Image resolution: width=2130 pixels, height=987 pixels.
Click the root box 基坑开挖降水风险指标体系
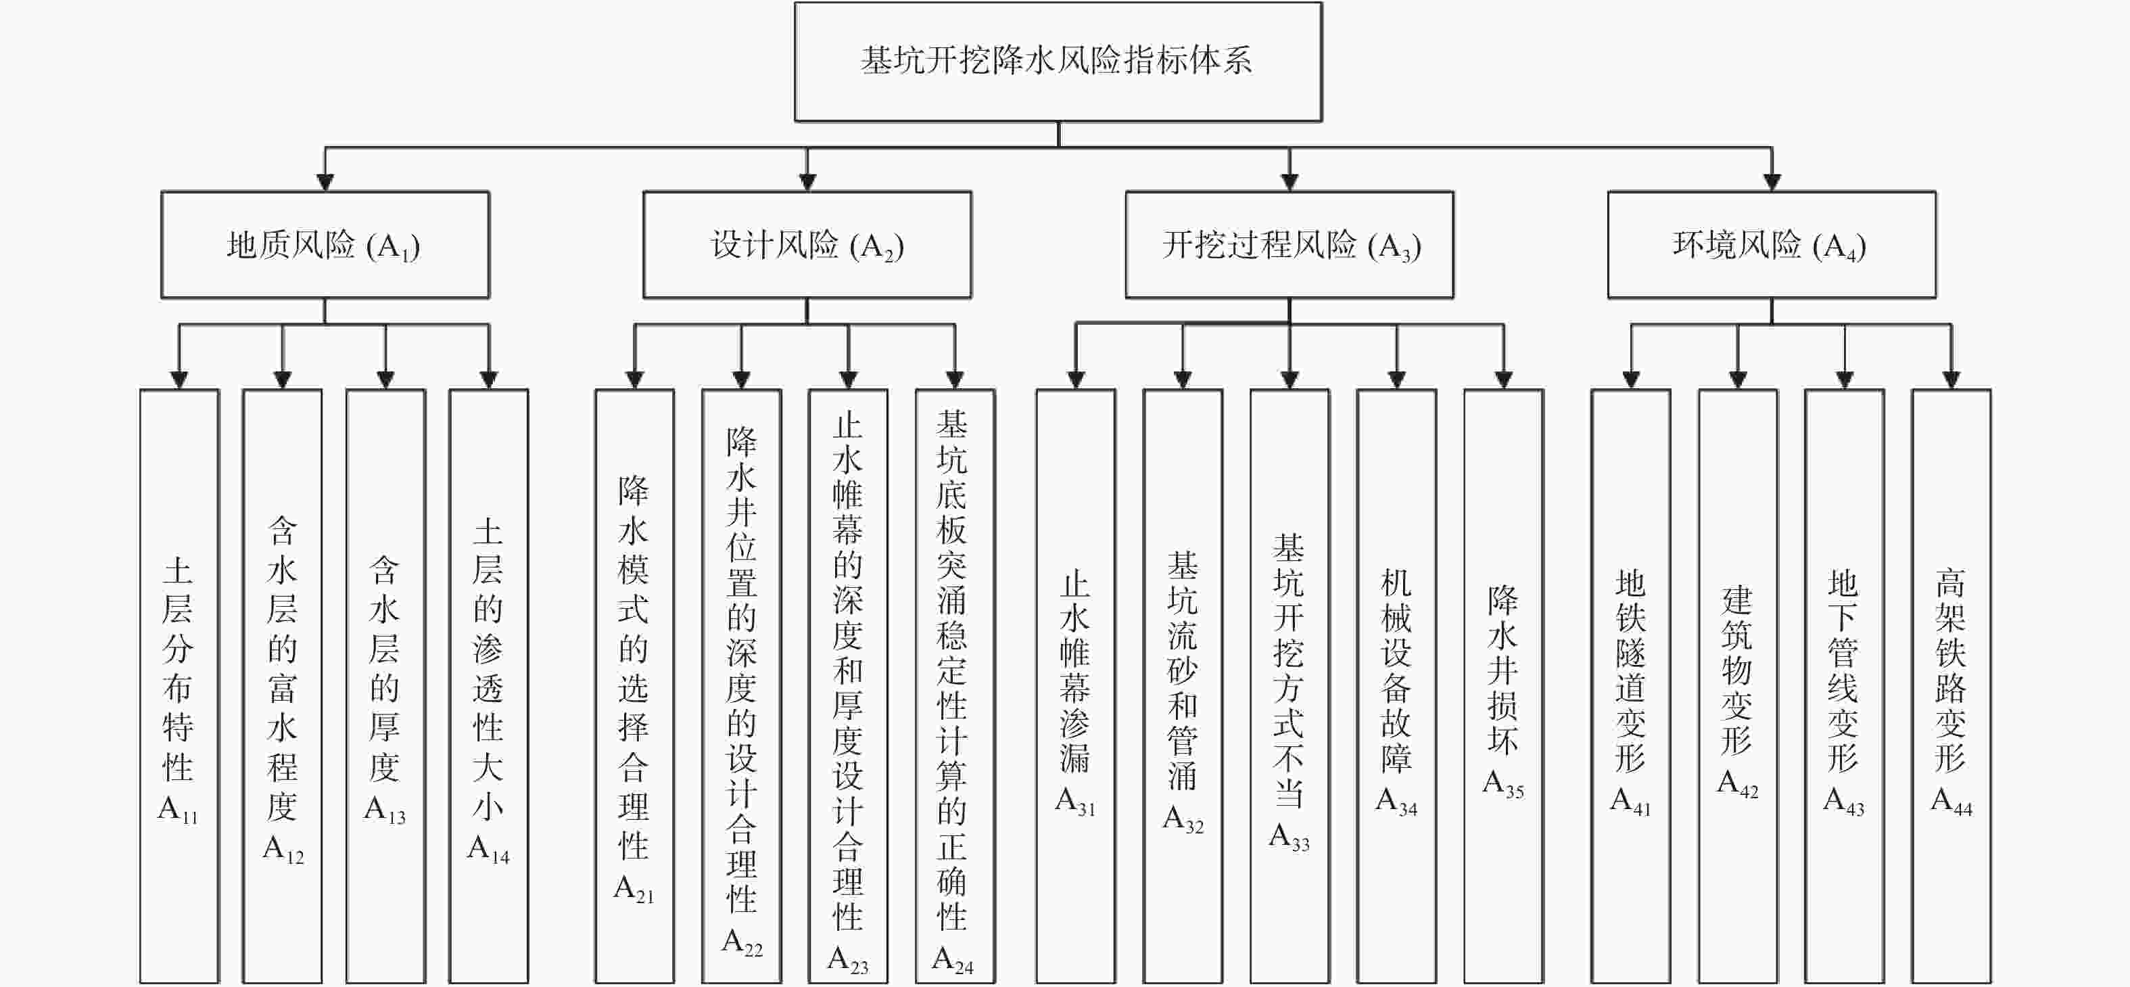1058,61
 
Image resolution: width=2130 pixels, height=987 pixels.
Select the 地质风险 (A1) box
325,245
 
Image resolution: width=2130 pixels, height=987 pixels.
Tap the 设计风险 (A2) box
807,245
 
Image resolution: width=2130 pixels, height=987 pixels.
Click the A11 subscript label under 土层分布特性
178,809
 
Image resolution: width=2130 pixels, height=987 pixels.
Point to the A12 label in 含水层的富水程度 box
283,849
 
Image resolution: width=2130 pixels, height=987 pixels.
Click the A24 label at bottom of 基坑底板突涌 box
953,960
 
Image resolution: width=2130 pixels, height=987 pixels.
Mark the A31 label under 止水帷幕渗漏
1075,802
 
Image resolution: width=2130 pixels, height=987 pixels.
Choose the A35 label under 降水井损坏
1503,783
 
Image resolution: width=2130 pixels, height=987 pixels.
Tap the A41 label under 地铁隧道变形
1630,802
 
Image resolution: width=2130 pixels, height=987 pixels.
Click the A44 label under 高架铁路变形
1951,802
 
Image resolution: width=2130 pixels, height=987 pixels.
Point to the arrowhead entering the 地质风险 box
325,182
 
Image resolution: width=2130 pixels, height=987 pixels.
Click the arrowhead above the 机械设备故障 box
1396,380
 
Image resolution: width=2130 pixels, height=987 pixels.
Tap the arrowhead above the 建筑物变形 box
1737,380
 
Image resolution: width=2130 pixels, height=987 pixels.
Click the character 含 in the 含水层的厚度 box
385,570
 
